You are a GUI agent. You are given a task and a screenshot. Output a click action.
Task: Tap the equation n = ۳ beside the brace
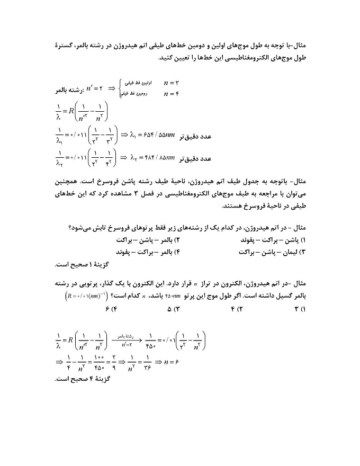pos(172,83)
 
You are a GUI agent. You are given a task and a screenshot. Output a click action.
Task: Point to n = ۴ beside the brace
pos(172,94)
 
